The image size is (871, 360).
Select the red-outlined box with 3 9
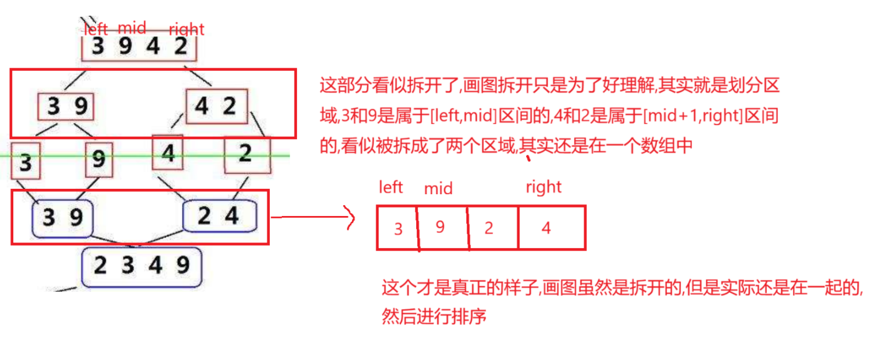66,107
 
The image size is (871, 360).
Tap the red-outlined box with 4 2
217,107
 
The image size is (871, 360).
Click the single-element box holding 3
25,161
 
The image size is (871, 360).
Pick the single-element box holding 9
99,160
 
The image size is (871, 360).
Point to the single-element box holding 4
168,154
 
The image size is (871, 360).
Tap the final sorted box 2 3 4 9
142,266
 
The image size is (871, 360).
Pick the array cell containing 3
397,228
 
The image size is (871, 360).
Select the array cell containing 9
442,227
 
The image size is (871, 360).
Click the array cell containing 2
490,228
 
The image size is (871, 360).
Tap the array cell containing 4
547,228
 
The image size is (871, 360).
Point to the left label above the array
390,188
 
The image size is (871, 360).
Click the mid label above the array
438,189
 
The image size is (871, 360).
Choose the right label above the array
543,188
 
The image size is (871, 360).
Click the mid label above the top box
131,27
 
